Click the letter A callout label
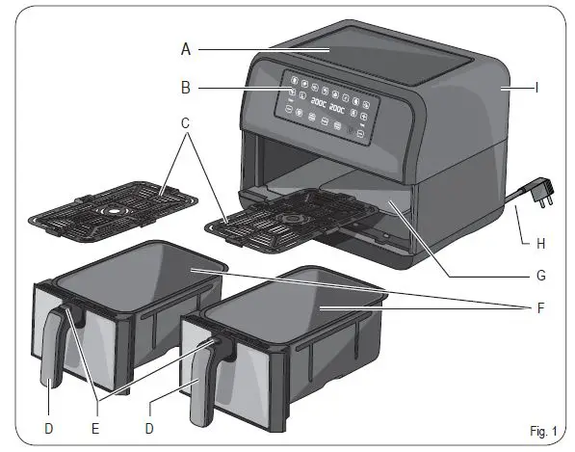click(187, 49)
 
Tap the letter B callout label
click(187, 89)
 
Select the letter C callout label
click(187, 126)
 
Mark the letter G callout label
click(541, 275)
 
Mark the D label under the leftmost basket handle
click(49, 422)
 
